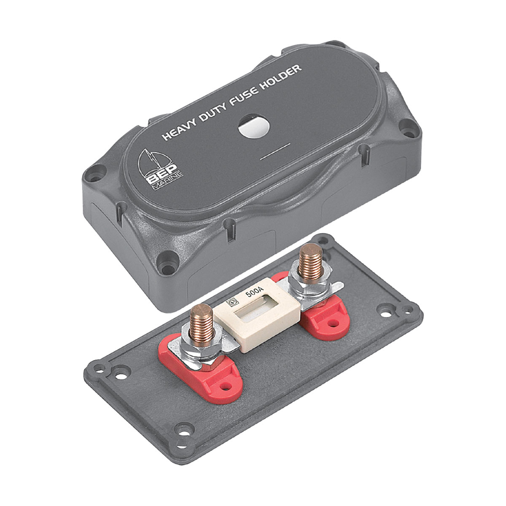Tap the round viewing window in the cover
254,126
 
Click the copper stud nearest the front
202,323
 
